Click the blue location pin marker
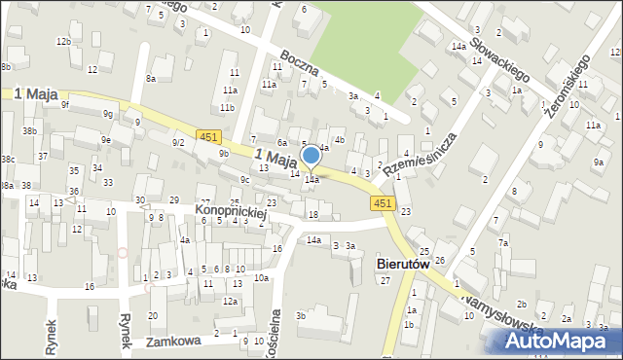tap(311, 157)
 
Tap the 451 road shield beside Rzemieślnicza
tap(383, 202)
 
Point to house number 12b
tap(63, 41)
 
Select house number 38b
tap(30, 130)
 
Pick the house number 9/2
tap(178, 143)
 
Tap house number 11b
tap(227, 107)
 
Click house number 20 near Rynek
tap(152, 316)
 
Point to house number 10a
tap(262, 278)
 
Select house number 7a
tap(503, 242)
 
